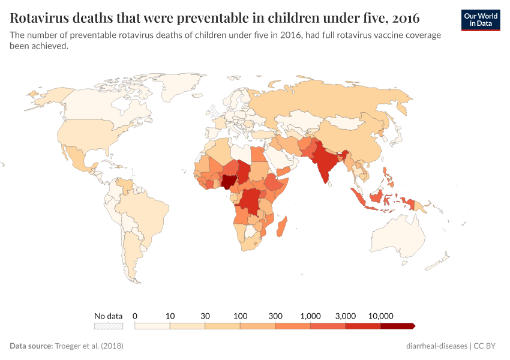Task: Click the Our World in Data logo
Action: click(x=481, y=20)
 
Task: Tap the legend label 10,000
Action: click(x=380, y=316)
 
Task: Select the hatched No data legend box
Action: click(x=109, y=326)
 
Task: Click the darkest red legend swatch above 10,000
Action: click(x=397, y=326)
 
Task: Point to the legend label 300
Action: click(x=275, y=316)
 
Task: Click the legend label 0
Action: click(x=135, y=316)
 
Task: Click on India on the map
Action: click(x=324, y=165)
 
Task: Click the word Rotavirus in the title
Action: click(x=39, y=16)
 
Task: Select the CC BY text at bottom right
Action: click(x=485, y=346)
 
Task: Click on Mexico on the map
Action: click(x=78, y=159)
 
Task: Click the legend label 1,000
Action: click(x=311, y=316)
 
